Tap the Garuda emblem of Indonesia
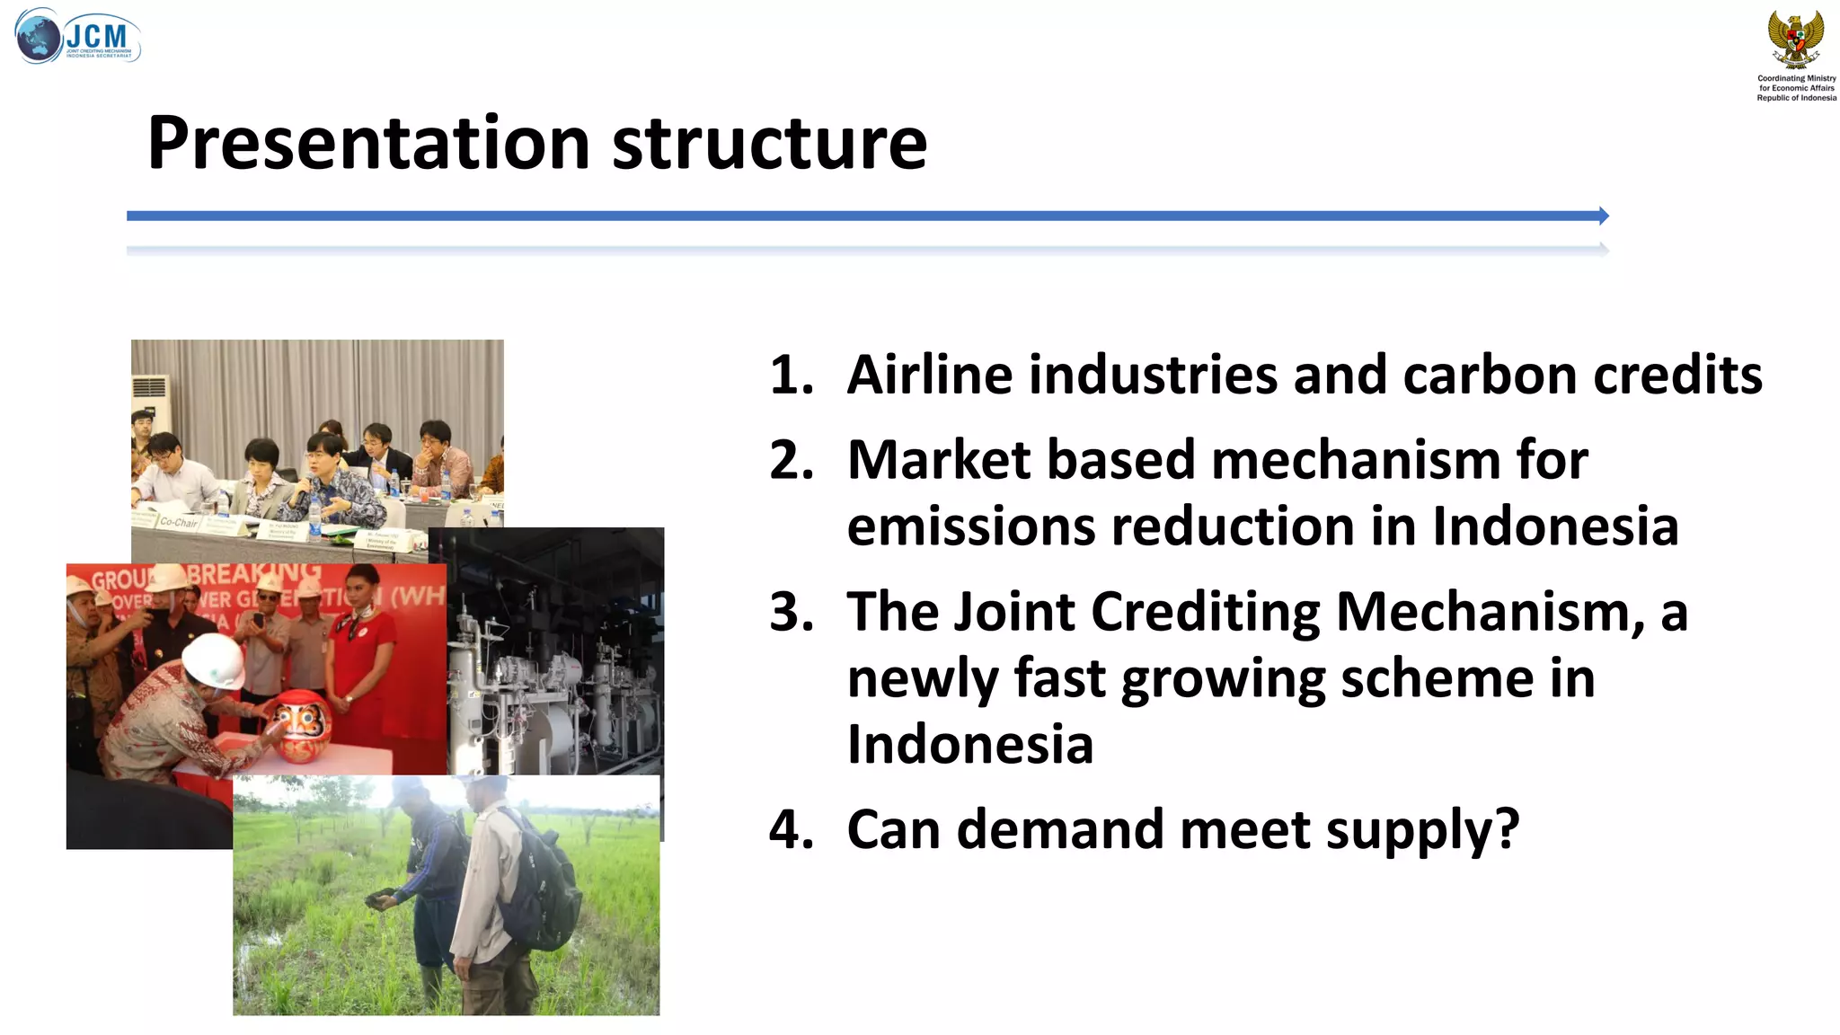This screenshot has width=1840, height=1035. (x=1796, y=40)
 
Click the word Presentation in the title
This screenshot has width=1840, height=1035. (x=368, y=144)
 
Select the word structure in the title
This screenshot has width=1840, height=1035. (x=769, y=144)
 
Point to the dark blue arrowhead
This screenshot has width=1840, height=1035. (x=1603, y=216)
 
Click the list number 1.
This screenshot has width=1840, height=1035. (x=791, y=375)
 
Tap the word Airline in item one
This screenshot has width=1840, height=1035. (x=929, y=375)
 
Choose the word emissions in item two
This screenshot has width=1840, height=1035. (x=970, y=526)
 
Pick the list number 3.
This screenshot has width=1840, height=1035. (x=791, y=612)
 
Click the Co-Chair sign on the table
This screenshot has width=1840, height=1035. (x=178, y=521)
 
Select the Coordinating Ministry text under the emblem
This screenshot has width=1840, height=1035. (x=1796, y=88)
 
